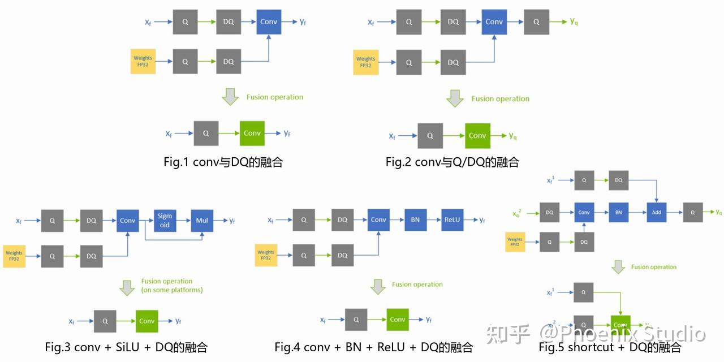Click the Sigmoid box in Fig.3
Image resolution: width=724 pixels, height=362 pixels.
point(165,220)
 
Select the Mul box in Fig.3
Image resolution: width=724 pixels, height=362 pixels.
point(202,220)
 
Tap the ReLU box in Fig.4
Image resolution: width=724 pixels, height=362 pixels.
point(452,220)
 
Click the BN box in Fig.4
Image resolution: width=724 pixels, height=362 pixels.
point(415,220)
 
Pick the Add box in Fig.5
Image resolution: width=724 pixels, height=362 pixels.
point(656,213)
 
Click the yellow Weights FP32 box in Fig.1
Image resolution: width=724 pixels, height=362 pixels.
point(143,61)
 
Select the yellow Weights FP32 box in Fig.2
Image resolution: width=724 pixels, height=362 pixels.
point(365,62)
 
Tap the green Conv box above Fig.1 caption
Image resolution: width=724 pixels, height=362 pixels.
point(252,133)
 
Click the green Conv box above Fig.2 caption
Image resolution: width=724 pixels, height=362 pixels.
point(477,135)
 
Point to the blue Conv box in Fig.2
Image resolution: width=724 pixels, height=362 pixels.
point(494,22)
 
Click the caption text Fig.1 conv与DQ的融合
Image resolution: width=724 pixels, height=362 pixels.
point(223,162)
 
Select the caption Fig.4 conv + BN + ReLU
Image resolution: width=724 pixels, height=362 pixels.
point(373,347)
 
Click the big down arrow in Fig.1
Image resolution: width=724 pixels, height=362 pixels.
point(230,97)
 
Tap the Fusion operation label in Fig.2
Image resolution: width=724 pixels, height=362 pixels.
point(500,98)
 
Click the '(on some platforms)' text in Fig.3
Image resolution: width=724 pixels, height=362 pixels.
point(172,290)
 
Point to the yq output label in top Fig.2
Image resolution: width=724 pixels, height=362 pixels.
point(574,21)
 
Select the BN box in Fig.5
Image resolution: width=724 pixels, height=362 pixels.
point(618,213)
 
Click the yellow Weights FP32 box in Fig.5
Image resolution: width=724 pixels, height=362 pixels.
point(515,242)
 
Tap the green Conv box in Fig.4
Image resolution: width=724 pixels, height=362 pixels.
point(398,320)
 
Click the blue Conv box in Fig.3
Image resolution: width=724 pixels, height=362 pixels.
point(128,220)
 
